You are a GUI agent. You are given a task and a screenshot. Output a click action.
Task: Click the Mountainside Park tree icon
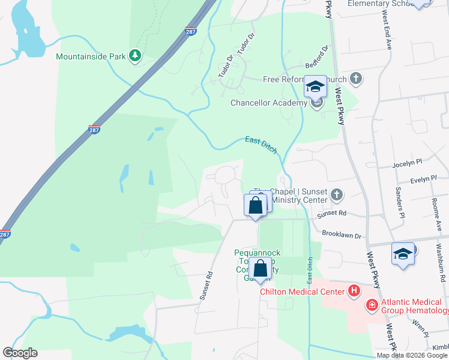pyautogui.click(x=136, y=56)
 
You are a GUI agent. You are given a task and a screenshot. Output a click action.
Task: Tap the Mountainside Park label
pyautogui.click(x=90, y=57)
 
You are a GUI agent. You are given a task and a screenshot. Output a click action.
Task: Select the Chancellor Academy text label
pyautogui.click(x=269, y=103)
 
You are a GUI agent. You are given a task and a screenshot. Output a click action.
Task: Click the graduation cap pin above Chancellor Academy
pyautogui.click(x=315, y=88)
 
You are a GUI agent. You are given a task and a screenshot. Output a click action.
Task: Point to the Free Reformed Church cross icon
pyautogui.click(x=356, y=79)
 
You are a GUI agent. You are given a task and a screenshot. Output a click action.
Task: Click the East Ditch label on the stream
pyautogui.click(x=261, y=145)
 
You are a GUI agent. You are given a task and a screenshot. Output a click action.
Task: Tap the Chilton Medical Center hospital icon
pyautogui.click(x=355, y=292)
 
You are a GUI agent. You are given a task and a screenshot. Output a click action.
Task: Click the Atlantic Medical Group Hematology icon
pyautogui.click(x=372, y=305)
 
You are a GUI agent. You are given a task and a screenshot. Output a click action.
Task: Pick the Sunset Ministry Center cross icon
pyautogui.click(x=337, y=195)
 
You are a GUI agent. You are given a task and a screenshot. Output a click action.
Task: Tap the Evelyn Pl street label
pyautogui.click(x=423, y=179)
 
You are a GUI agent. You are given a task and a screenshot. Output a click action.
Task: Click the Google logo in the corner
pyautogui.click(x=20, y=353)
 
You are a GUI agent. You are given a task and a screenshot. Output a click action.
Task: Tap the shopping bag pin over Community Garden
pyautogui.click(x=260, y=270)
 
